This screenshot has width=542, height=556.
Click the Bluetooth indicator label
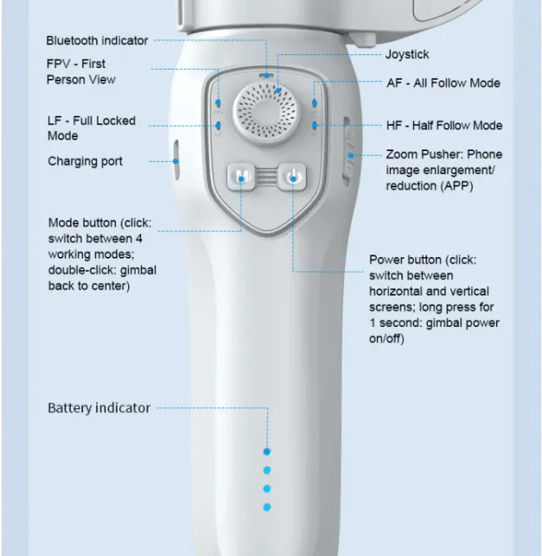pos(97,40)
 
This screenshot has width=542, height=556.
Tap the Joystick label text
pos(407,54)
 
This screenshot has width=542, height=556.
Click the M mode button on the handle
pos(241,177)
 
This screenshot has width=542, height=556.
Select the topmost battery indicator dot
pos(267,452)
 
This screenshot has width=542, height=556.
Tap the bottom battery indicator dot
pos(267,508)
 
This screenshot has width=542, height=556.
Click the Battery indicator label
pos(99,408)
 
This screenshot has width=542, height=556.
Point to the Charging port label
pos(85,161)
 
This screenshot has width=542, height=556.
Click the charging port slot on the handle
pos(176,160)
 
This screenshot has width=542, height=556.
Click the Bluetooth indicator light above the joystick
pos(266,76)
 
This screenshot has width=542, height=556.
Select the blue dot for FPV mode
pos(218,103)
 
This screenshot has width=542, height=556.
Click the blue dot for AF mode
pos(315,103)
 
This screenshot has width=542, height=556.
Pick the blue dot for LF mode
pos(218,126)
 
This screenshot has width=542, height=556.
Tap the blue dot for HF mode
pos(315,125)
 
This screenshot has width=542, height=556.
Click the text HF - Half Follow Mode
pos(444,125)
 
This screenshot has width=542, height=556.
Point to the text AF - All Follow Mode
pos(443,83)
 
